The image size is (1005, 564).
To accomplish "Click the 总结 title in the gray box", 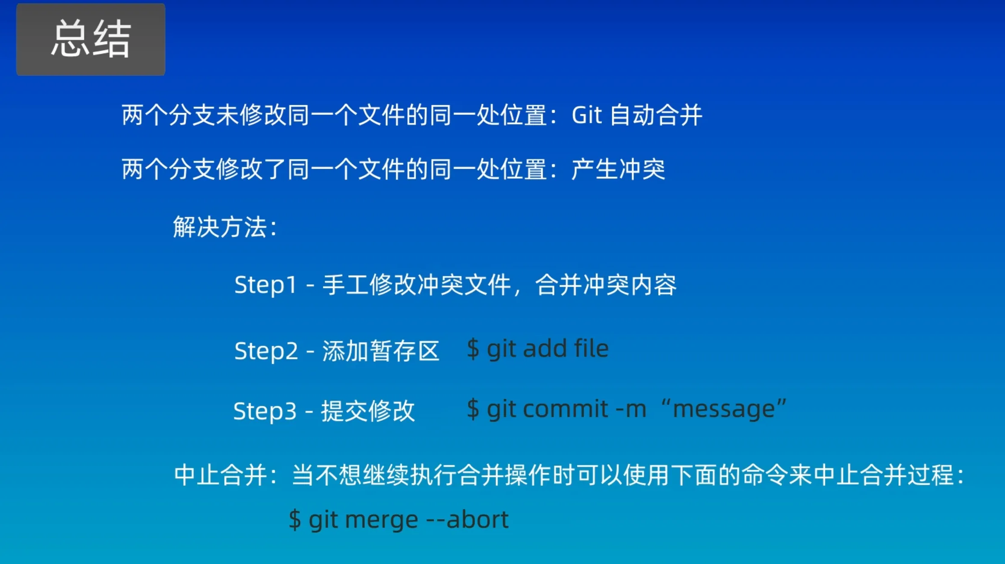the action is click(x=91, y=39).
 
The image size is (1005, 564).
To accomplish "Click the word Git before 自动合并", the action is click(x=587, y=115).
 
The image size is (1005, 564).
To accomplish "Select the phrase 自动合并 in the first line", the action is click(x=656, y=115).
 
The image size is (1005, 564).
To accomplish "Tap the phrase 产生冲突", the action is click(x=618, y=169).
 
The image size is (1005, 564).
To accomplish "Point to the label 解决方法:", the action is click(x=225, y=227).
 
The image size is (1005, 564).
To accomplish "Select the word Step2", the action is click(x=266, y=351).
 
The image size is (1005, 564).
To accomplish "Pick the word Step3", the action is click(x=265, y=411).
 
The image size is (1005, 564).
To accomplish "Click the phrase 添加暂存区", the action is click(x=381, y=351).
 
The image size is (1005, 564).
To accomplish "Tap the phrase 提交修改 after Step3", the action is click(x=368, y=411).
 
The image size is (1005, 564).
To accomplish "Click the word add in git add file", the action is click(x=545, y=349).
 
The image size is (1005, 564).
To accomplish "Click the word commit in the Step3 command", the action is click(x=566, y=409).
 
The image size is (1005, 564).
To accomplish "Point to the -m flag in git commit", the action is click(x=631, y=409).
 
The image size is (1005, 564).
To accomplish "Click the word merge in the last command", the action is click(x=382, y=520).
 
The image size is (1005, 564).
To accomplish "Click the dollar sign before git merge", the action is click(x=295, y=519).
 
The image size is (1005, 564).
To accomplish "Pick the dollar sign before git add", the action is click(x=473, y=349).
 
